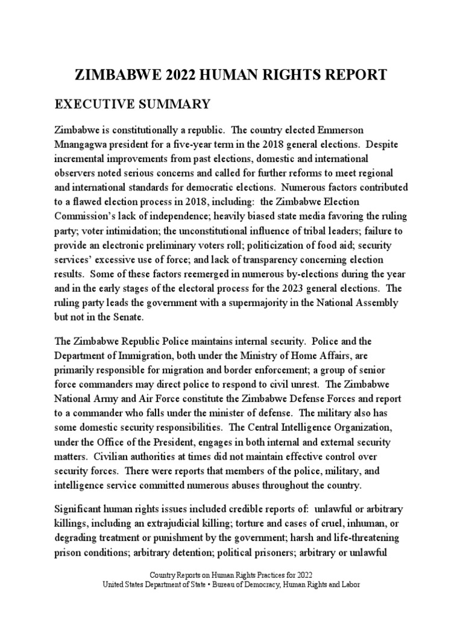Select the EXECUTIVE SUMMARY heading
[133, 104]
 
